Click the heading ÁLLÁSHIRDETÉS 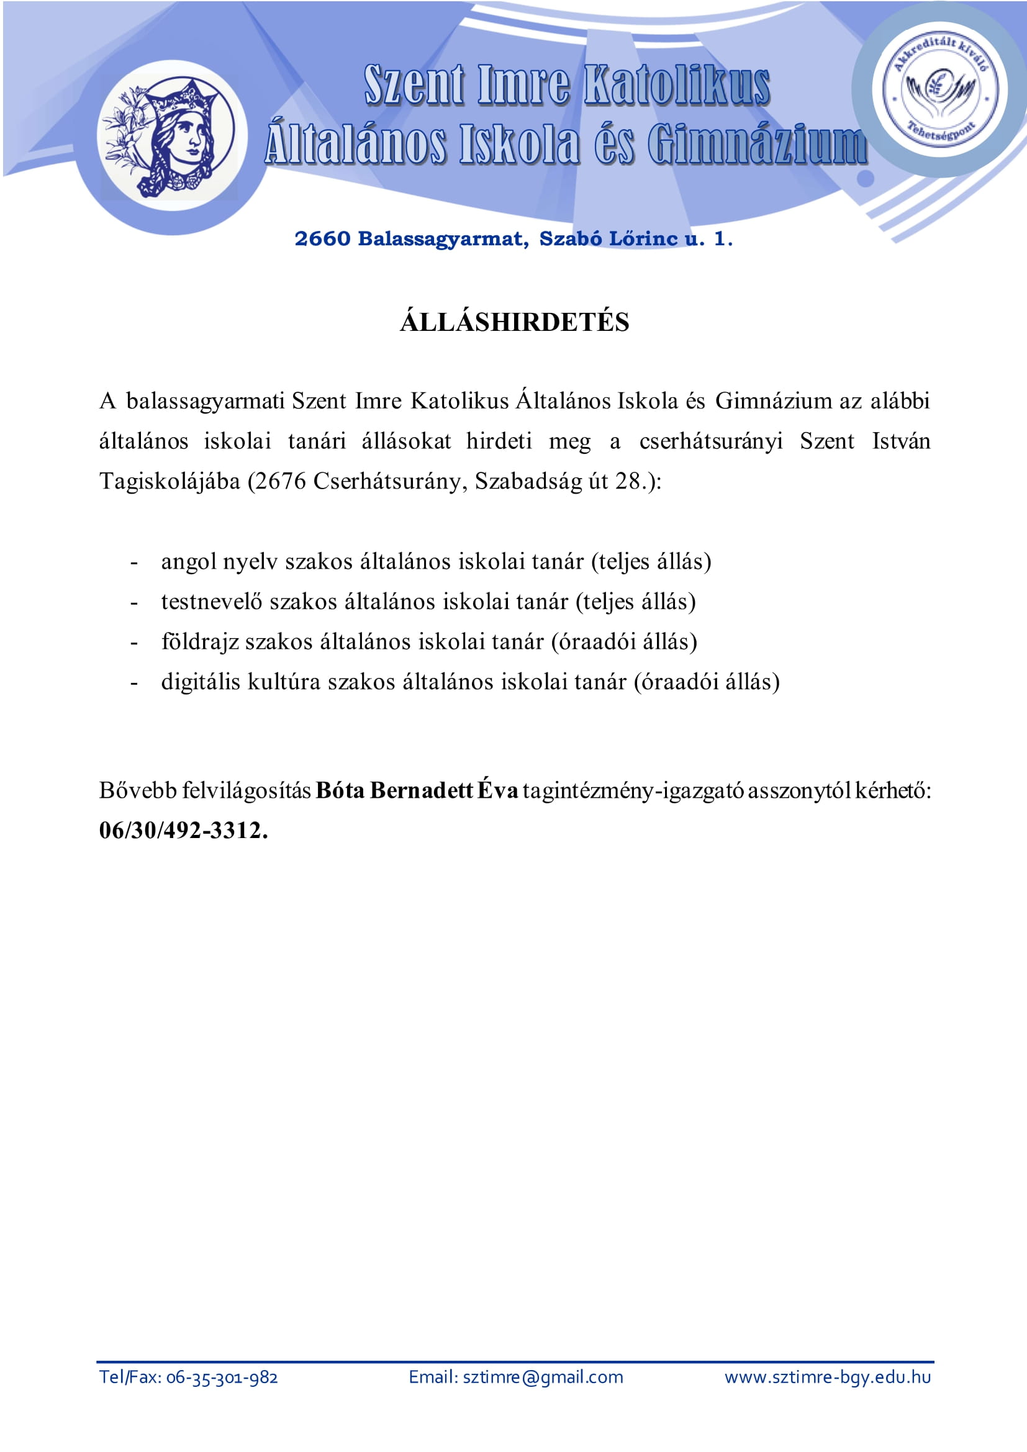point(514,323)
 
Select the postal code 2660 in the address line point(322,239)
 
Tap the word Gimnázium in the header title point(756,145)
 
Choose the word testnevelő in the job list point(212,602)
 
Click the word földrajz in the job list point(200,642)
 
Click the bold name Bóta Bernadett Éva point(417,790)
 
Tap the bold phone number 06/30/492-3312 point(183,831)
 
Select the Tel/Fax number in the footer point(222,1378)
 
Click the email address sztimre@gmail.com point(543,1378)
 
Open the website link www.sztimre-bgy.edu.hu point(827,1378)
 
